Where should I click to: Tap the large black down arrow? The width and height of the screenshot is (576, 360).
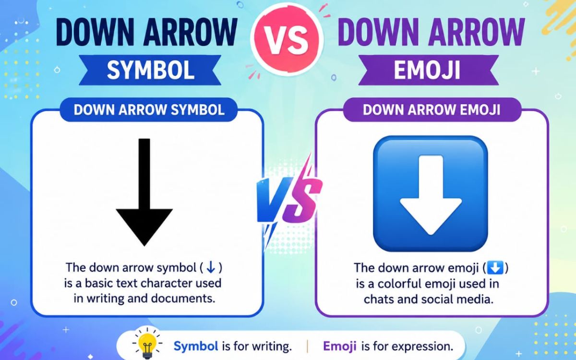(x=144, y=192)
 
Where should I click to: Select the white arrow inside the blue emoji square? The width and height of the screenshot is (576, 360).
(x=431, y=195)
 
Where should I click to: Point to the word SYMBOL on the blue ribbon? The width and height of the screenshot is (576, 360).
(x=151, y=70)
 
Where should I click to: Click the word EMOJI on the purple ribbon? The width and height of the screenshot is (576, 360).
(x=427, y=70)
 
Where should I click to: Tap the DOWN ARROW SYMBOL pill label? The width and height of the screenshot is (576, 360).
(x=149, y=110)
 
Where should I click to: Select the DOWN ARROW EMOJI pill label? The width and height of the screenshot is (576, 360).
(x=432, y=110)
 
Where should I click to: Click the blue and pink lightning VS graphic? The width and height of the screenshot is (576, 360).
(x=289, y=201)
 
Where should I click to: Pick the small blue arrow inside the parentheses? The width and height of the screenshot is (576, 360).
(x=211, y=267)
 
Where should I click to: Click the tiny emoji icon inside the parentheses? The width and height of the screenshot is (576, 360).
(x=495, y=268)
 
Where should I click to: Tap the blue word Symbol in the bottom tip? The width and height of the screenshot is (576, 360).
(x=196, y=346)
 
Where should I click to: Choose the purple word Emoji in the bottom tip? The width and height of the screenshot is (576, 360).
(x=340, y=346)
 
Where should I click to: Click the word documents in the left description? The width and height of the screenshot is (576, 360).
(x=183, y=299)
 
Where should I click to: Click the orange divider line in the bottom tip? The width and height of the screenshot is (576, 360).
(x=308, y=347)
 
